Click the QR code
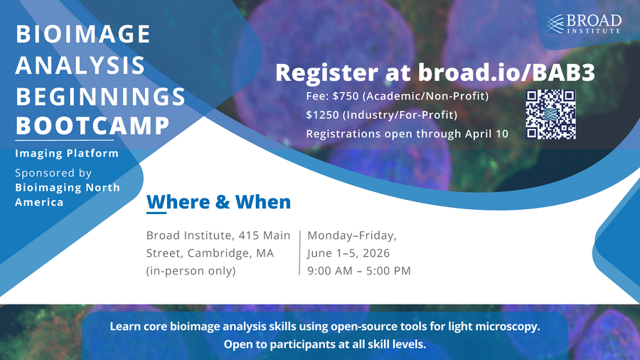550,114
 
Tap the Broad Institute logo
584,23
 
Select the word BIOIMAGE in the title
82,33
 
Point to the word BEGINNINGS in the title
100,95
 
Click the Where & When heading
218,202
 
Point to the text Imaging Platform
67,153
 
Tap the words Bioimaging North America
68,194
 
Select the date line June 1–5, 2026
348,253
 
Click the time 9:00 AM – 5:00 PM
358,270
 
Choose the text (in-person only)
191,270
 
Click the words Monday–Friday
352,235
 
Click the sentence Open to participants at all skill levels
324,345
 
